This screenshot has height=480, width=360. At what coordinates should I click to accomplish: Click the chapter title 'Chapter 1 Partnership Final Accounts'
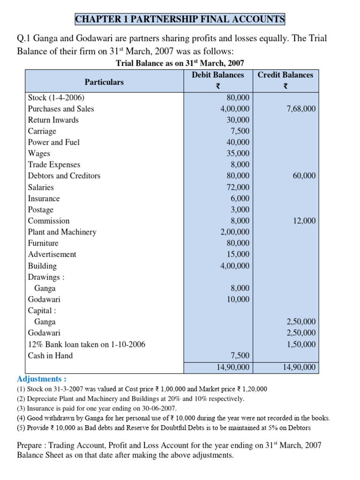[x=180, y=19]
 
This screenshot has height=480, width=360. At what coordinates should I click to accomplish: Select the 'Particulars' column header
[x=104, y=82]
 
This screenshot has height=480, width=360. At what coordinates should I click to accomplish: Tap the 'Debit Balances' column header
[x=218, y=75]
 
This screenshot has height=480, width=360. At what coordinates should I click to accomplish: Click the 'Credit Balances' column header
[x=285, y=75]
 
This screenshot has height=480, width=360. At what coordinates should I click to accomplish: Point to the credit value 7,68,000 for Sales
[x=301, y=109]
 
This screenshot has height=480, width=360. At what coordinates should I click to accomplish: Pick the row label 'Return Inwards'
[x=53, y=120]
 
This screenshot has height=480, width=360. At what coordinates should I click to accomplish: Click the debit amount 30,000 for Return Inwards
[x=238, y=120]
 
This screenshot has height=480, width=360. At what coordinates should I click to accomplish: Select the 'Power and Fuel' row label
[x=54, y=142]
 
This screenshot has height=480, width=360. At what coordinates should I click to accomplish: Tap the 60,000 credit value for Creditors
[x=304, y=176]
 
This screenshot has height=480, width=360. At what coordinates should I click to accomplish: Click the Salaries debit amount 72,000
[x=238, y=187]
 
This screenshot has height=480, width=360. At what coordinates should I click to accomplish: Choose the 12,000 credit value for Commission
[x=304, y=221]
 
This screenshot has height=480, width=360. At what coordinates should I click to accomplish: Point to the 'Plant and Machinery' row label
[x=62, y=232]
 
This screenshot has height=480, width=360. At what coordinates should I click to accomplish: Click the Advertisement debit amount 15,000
[x=238, y=255]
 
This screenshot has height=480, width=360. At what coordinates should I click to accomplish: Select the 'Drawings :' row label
[x=46, y=277]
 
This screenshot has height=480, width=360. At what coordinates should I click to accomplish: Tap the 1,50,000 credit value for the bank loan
[x=301, y=345]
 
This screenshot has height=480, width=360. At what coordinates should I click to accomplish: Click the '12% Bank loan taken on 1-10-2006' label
[x=87, y=345]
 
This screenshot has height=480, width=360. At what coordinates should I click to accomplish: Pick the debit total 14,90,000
[x=233, y=367]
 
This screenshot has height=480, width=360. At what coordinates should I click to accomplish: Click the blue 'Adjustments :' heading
[x=42, y=379]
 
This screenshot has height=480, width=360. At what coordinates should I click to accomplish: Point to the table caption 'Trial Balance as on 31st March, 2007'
[x=180, y=63]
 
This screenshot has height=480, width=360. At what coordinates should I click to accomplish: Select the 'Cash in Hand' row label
[x=51, y=356]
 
